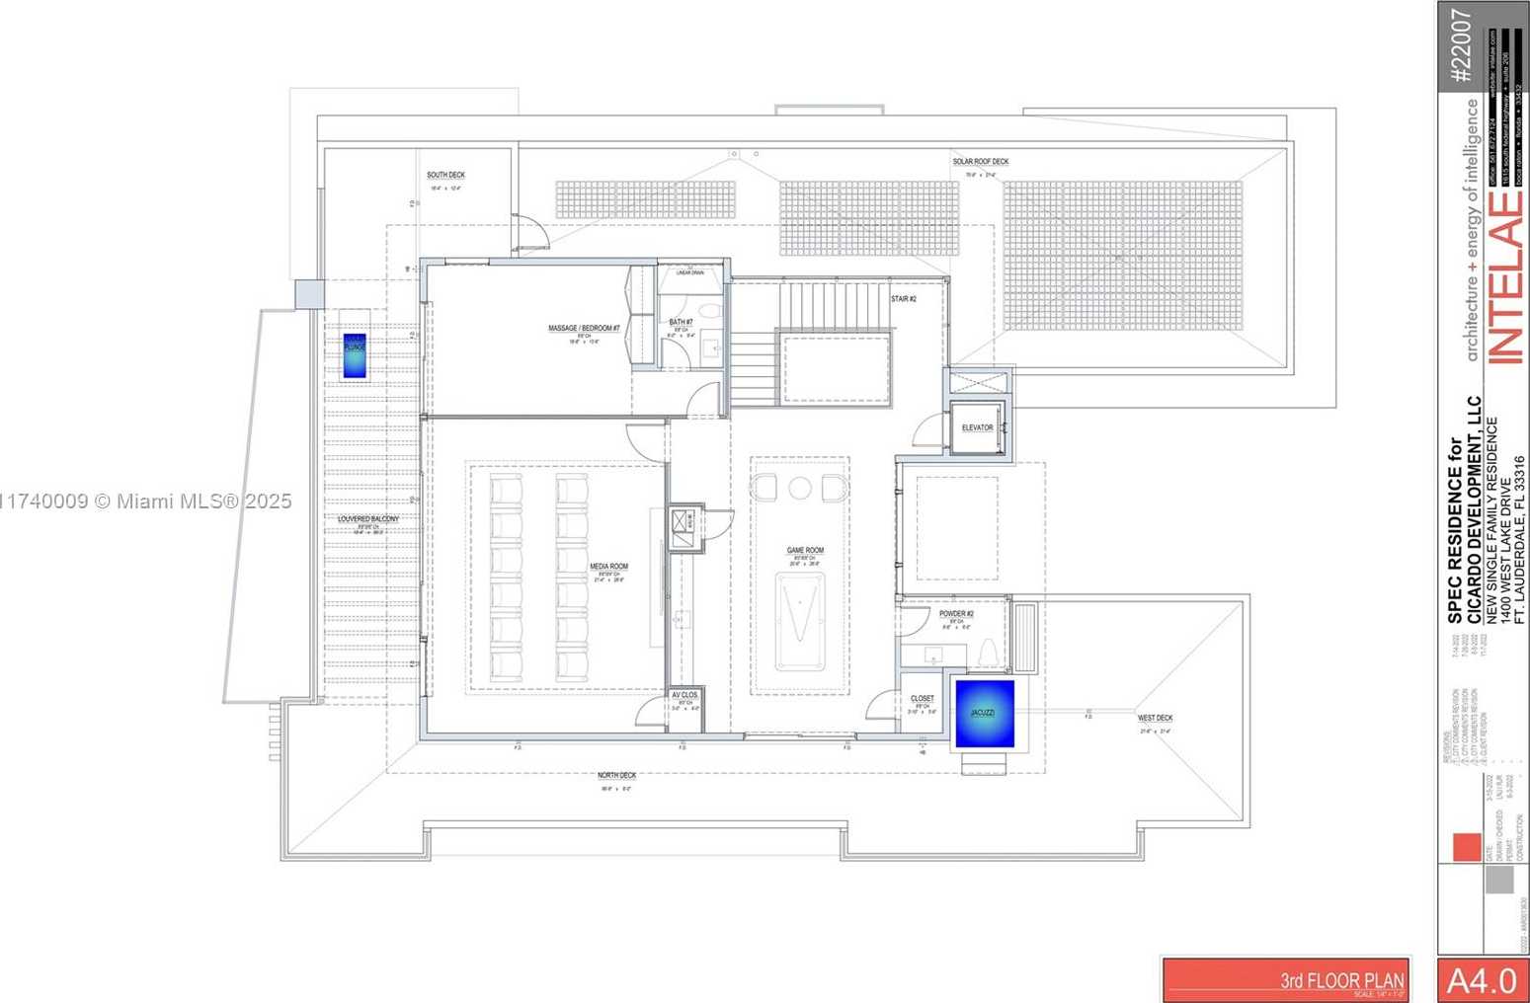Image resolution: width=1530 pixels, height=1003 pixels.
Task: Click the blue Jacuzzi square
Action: (984, 713)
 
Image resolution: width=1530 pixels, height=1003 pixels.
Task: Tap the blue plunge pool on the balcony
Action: (355, 356)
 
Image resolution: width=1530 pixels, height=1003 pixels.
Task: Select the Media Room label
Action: (608, 567)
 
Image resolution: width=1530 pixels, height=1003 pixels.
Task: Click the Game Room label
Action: (805, 551)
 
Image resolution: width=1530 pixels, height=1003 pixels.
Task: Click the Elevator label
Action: (978, 427)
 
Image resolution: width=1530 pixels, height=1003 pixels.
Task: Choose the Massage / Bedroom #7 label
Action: (584, 329)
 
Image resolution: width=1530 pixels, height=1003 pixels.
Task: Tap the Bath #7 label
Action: (682, 323)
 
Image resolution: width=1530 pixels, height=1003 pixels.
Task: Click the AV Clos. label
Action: (684, 695)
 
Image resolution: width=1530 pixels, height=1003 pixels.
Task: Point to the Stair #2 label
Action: (904, 298)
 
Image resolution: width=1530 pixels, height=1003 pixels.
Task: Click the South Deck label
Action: (445, 176)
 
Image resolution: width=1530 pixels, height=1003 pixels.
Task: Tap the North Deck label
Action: (616, 776)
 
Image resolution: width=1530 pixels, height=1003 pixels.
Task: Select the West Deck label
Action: (1155, 719)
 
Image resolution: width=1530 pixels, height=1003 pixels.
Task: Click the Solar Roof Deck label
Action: (980, 162)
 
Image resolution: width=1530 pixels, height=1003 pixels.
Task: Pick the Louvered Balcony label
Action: (368, 518)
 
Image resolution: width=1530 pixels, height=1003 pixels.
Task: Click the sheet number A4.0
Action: (1482, 980)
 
